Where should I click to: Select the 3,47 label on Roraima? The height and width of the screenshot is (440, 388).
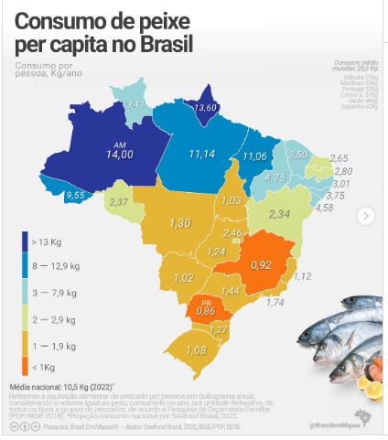click(135, 107)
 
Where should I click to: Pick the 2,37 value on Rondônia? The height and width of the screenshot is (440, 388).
click(120, 201)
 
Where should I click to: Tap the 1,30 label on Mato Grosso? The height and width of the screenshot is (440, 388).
click(179, 223)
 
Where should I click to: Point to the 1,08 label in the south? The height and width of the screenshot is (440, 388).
click(197, 350)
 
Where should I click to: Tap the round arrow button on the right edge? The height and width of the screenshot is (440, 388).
click(366, 216)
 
